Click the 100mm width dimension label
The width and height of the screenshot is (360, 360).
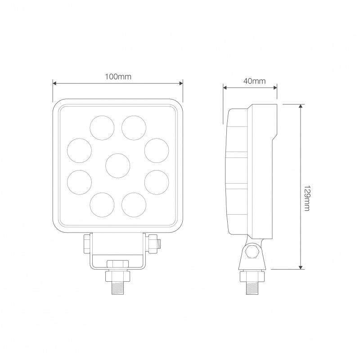pyautogui.click(x=118, y=76)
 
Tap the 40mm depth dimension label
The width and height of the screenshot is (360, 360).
pyautogui.click(x=250, y=81)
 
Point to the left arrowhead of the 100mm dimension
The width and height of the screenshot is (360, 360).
pyautogui.click(x=55, y=83)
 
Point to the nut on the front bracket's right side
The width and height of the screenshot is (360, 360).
pyautogui.click(x=152, y=244)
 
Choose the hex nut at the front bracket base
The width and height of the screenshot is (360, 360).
pyautogui.click(x=117, y=264)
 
